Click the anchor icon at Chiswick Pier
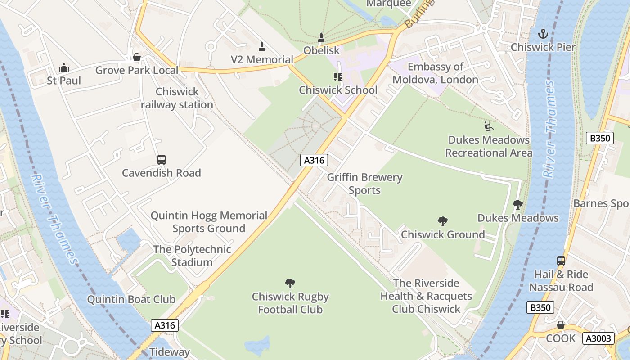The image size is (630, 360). (543, 34)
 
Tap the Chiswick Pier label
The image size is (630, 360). (543, 47)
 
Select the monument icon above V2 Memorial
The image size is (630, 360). (262, 46)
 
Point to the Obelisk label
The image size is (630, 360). (321, 50)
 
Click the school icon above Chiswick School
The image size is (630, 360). (338, 77)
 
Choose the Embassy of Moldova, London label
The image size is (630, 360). (435, 73)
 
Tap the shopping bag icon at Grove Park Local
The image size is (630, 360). (137, 57)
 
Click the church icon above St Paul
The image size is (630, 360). (64, 68)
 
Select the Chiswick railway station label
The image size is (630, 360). (177, 98)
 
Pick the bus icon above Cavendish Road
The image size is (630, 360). (162, 160)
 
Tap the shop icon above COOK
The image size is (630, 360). (561, 325)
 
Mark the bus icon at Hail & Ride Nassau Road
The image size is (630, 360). (561, 261)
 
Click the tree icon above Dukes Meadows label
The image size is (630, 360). (518, 205)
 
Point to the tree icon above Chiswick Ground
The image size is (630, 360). (443, 221)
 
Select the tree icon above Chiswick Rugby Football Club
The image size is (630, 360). (290, 283)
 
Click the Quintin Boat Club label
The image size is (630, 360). (131, 299)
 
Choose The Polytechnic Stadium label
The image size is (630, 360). (192, 256)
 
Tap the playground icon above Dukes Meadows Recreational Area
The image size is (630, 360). (489, 126)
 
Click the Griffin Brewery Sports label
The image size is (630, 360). (364, 184)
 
